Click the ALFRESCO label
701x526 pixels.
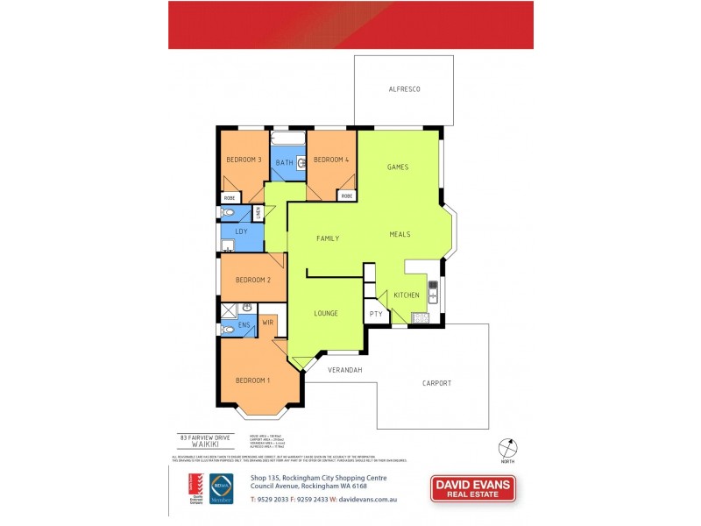(x=405, y=90)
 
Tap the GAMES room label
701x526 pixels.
(x=399, y=167)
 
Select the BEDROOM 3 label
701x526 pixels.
(x=244, y=160)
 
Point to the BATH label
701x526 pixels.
(x=284, y=163)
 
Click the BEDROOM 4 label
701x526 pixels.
(x=331, y=160)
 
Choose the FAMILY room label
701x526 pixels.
(x=328, y=238)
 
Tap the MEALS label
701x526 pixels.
(x=400, y=234)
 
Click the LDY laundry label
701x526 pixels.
(x=241, y=231)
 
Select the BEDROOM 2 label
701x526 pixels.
(x=251, y=280)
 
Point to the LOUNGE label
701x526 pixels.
(x=326, y=313)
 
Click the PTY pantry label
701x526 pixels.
(x=376, y=313)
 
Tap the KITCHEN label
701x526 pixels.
(x=407, y=295)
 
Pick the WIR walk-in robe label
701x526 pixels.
(x=268, y=323)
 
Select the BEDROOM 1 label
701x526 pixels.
(x=252, y=380)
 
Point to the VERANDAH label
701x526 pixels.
(x=345, y=370)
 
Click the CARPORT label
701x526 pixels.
(x=436, y=383)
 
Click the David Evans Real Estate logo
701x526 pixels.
(x=472, y=488)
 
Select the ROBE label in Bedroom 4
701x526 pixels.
(x=346, y=195)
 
